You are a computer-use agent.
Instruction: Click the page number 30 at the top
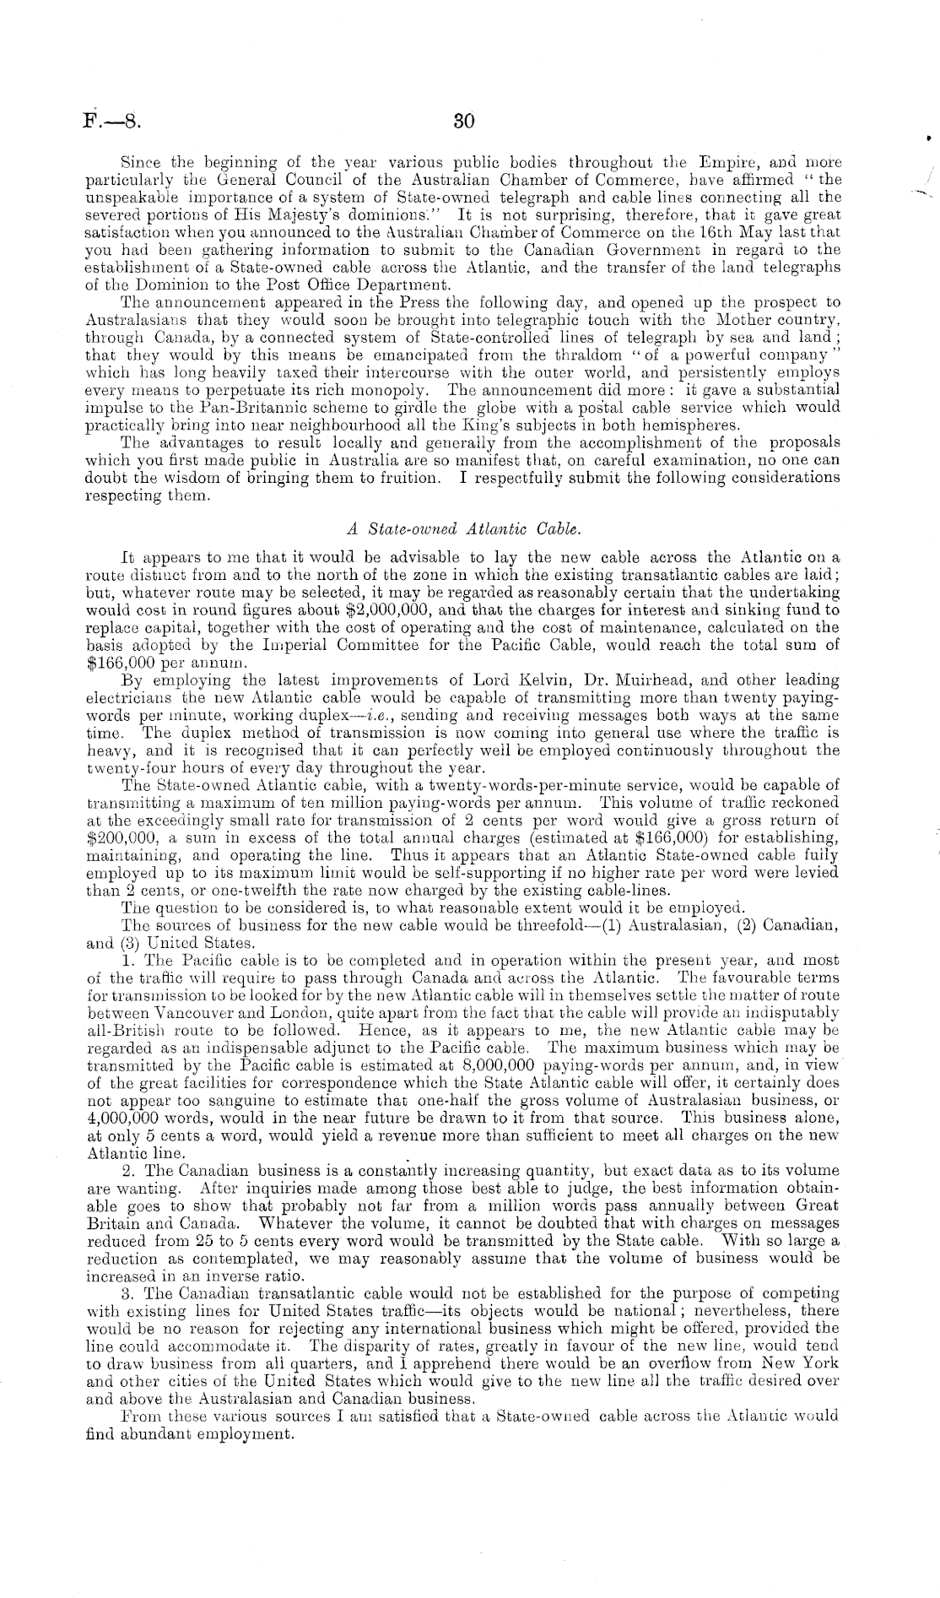[x=465, y=121]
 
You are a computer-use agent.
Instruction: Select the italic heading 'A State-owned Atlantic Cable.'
[x=463, y=529]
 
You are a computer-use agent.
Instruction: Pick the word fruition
[x=401, y=478]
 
